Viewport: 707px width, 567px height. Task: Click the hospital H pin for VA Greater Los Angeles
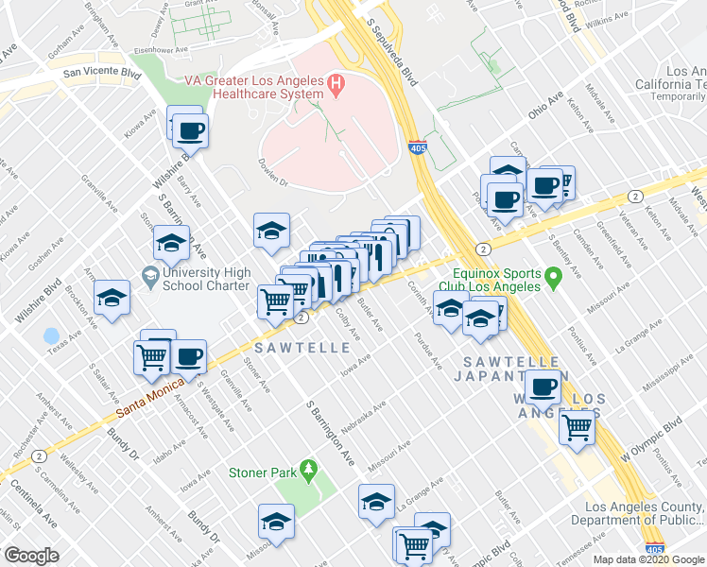(334, 84)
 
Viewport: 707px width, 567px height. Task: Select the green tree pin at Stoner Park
(308, 470)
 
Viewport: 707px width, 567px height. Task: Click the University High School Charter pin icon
(149, 278)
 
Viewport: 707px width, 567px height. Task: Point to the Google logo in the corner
(31, 555)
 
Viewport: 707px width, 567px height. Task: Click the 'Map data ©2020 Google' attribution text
(648, 559)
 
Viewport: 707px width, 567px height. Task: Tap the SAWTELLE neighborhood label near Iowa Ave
(301, 349)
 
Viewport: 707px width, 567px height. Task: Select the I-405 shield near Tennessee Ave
(653, 548)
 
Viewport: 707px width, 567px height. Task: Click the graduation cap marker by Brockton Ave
(112, 300)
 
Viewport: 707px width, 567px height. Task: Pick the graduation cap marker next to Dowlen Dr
(270, 230)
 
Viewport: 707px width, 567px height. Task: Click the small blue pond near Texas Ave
(51, 335)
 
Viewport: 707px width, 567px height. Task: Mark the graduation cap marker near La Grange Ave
(376, 501)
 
